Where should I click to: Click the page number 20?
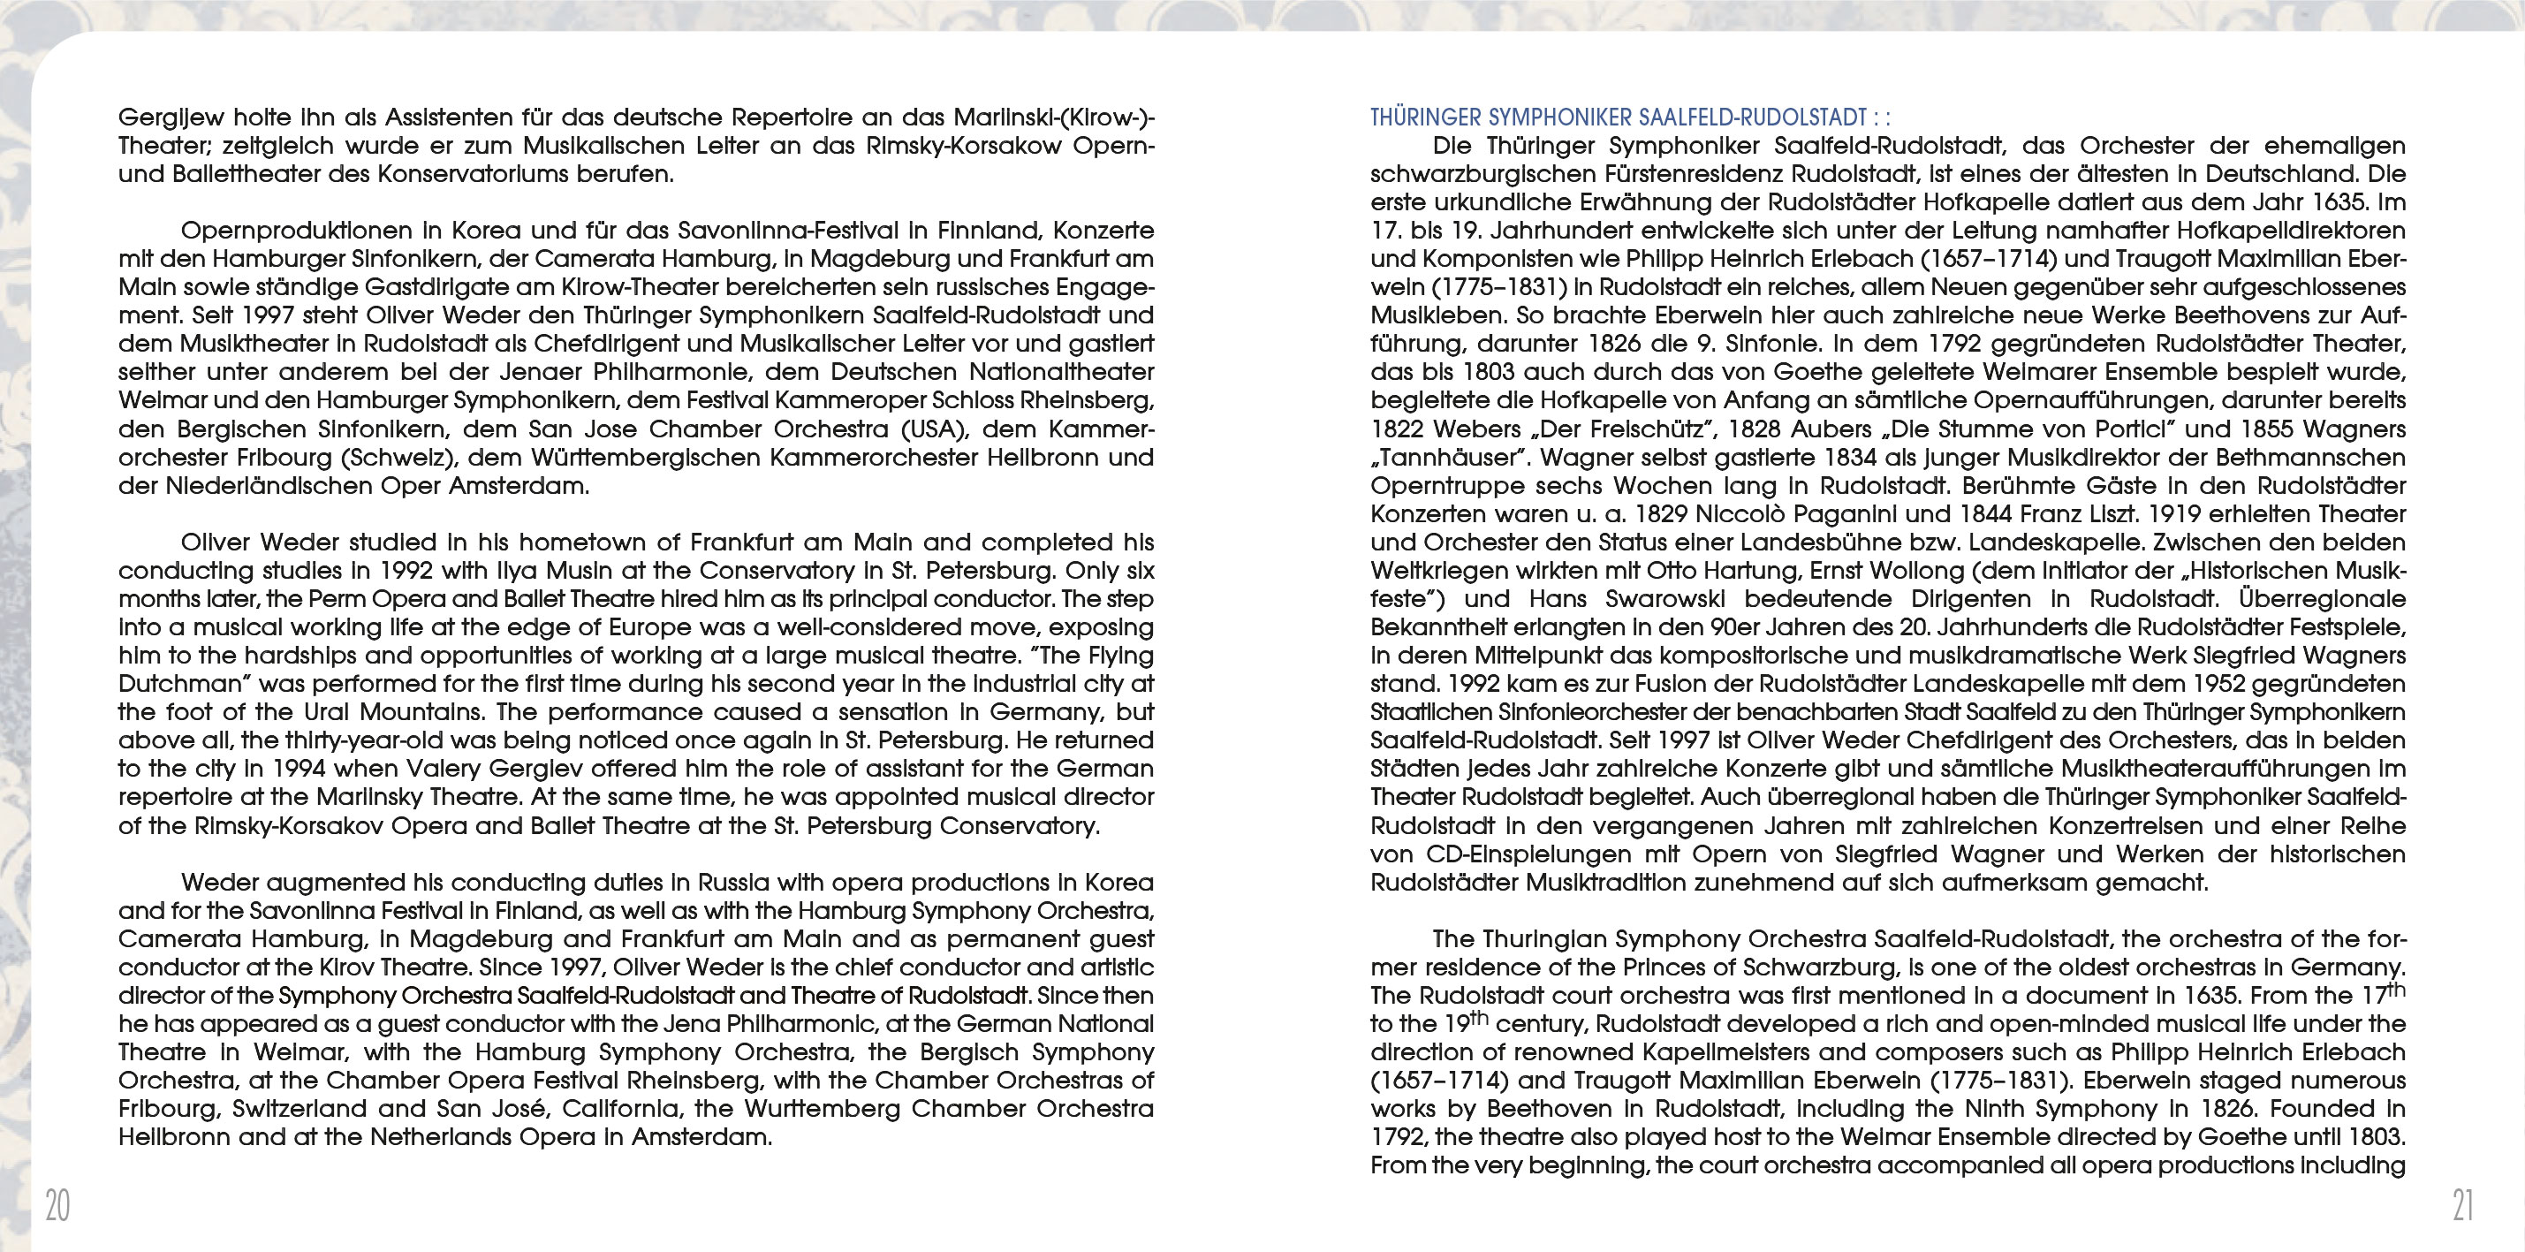(x=57, y=1205)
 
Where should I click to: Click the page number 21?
(x=2463, y=1205)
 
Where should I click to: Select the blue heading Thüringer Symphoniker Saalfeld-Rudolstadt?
(x=1617, y=118)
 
